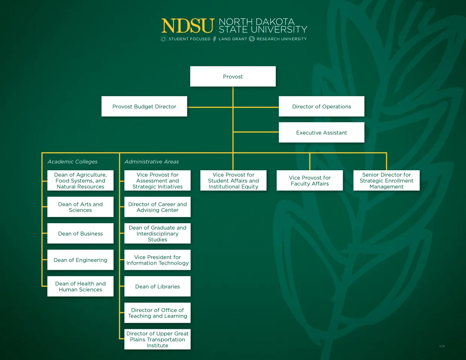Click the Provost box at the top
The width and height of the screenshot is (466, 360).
pos(233,77)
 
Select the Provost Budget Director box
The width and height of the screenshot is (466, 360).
pos(144,107)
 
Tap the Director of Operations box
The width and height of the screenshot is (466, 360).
pos(321,107)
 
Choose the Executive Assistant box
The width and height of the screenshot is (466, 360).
pos(321,133)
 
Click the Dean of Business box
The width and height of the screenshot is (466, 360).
pos(80,234)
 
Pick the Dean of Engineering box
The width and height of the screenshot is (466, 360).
pos(80,260)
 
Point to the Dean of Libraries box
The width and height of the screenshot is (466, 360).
pos(157,287)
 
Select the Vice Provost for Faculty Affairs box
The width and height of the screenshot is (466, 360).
pos(310,181)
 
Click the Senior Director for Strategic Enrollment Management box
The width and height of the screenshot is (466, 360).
pos(386,181)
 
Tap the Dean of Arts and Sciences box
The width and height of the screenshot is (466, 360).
pos(80,207)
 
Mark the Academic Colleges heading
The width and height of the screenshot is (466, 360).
pos(73,162)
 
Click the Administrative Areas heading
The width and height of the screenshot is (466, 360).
pos(151,162)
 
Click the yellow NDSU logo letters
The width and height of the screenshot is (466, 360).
pos(188,26)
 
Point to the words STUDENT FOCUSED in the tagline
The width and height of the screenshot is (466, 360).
pos(189,39)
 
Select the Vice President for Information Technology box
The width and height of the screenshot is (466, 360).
pos(157,260)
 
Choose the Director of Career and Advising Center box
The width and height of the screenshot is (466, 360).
pos(157,207)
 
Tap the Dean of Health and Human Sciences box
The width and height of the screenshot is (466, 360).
pos(80,287)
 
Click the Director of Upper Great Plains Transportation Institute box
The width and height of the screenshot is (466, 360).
pos(157,339)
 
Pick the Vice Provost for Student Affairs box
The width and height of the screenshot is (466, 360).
pos(233,181)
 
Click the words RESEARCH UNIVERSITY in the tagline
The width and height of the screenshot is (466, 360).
pos(281,39)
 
